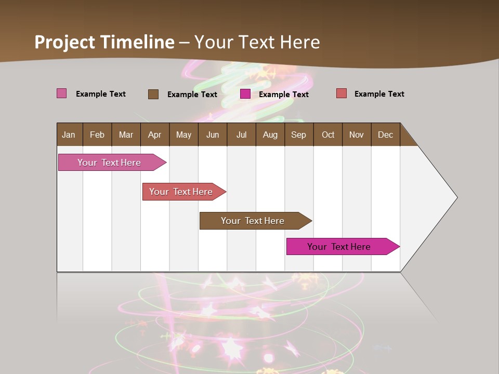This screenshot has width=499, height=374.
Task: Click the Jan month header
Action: [x=69, y=135]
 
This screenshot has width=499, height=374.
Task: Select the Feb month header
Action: [x=97, y=135]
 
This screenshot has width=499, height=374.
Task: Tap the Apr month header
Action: [x=154, y=135]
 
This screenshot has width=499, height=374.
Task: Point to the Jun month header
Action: [x=213, y=135]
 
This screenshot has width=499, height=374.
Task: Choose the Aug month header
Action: [x=270, y=135]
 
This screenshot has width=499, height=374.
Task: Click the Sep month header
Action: [x=298, y=135]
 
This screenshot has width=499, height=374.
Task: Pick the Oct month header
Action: [x=328, y=135]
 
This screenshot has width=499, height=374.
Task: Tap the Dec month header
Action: [x=385, y=135]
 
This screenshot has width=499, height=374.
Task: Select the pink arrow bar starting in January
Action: [x=109, y=163]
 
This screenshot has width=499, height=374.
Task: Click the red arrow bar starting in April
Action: [x=181, y=192]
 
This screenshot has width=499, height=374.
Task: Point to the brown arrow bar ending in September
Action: [x=253, y=221]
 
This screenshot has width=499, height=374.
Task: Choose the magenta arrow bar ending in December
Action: [x=339, y=247]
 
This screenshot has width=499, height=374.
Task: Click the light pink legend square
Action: [x=62, y=94]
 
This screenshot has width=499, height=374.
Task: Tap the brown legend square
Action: [x=153, y=94]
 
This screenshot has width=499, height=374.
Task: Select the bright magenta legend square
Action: [x=245, y=94]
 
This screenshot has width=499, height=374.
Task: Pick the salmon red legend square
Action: [x=342, y=94]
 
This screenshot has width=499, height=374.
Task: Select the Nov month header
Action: [x=357, y=135]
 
